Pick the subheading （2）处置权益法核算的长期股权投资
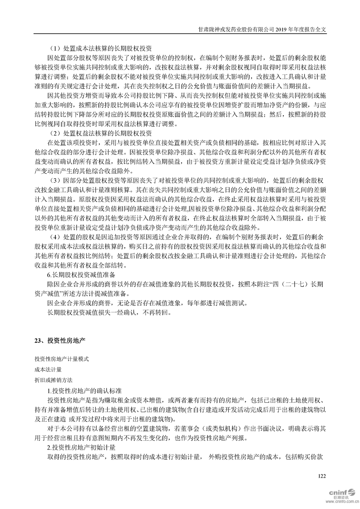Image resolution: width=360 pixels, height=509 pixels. (100, 133)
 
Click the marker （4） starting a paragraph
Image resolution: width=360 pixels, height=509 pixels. (55, 237)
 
